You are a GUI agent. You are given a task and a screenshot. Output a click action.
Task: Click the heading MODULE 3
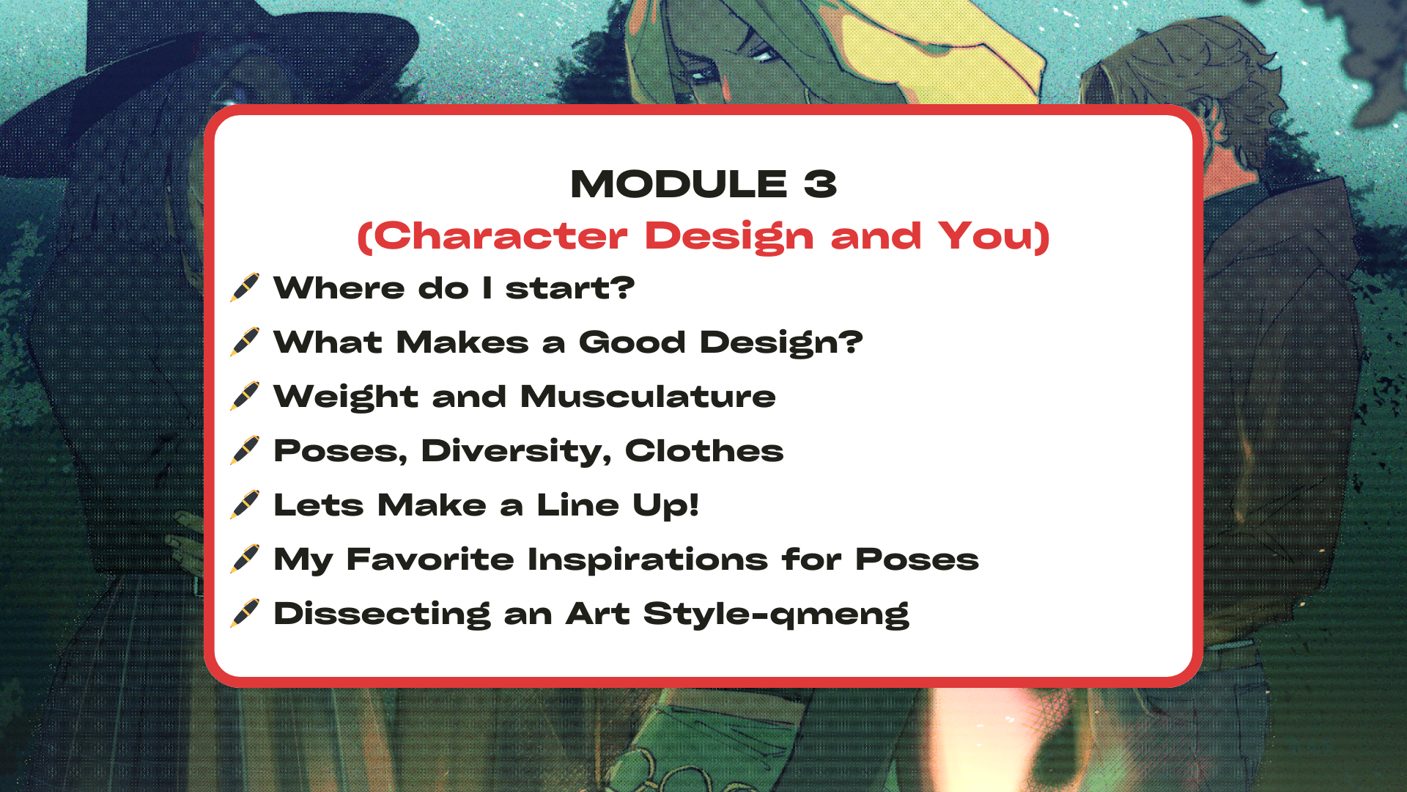pos(703,183)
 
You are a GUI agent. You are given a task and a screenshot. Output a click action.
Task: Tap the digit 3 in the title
pos(820,183)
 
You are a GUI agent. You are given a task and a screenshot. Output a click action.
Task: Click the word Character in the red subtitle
pos(501,236)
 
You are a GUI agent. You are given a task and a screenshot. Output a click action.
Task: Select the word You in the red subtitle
pos(985,236)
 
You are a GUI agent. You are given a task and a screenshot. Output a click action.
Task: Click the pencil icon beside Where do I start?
pos(245,287)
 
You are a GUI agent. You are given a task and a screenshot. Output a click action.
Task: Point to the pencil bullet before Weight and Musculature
pos(245,396)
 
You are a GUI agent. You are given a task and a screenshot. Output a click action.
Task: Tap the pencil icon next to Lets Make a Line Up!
pos(245,505)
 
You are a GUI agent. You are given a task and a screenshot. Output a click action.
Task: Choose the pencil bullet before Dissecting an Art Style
pos(245,613)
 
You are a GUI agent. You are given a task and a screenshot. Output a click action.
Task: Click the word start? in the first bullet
pos(570,288)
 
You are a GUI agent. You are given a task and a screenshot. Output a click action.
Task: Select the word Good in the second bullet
pos(632,342)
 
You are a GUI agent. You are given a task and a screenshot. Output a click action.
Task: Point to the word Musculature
pos(648,397)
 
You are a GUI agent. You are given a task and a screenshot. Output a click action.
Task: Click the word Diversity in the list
pos(515,451)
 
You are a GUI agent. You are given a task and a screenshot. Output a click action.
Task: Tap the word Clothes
pos(704,450)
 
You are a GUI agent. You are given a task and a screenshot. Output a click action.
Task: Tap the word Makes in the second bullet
pos(462,342)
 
